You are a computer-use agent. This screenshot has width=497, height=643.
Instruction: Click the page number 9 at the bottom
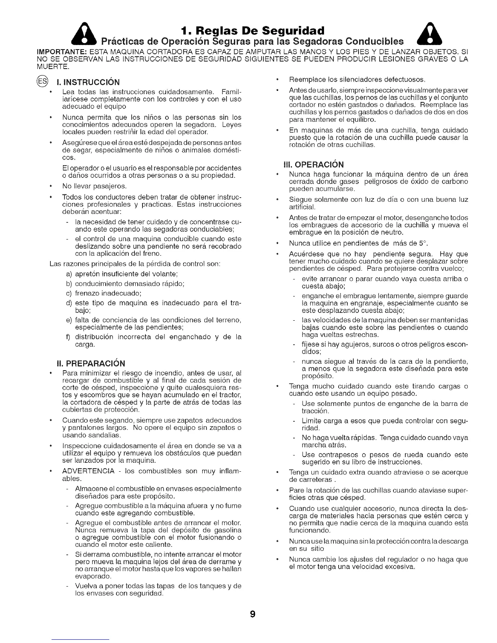(252, 614)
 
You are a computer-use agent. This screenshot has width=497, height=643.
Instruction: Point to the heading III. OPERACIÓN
(313, 164)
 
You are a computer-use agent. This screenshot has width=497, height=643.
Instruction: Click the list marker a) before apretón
(69, 274)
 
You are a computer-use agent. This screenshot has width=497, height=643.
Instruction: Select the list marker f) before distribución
(69, 337)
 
